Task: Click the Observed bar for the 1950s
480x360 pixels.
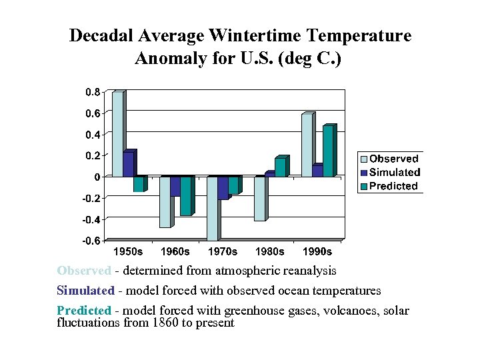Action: point(117,134)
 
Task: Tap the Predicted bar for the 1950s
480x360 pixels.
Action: point(138,184)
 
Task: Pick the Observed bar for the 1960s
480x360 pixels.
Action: point(165,202)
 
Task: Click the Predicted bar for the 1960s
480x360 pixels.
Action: point(185,196)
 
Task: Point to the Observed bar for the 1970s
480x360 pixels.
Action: point(212,208)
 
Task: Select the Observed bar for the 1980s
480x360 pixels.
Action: point(259,198)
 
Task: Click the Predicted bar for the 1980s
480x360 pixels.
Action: point(280,168)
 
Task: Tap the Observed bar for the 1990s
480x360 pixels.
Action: point(307,145)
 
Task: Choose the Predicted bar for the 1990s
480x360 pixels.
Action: point(327,151)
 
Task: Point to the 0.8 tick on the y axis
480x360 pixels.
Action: point(93,92)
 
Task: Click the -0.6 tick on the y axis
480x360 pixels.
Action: point(91,241)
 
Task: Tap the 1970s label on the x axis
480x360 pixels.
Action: point(223,252)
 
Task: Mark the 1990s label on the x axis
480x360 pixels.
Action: point(317,252)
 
